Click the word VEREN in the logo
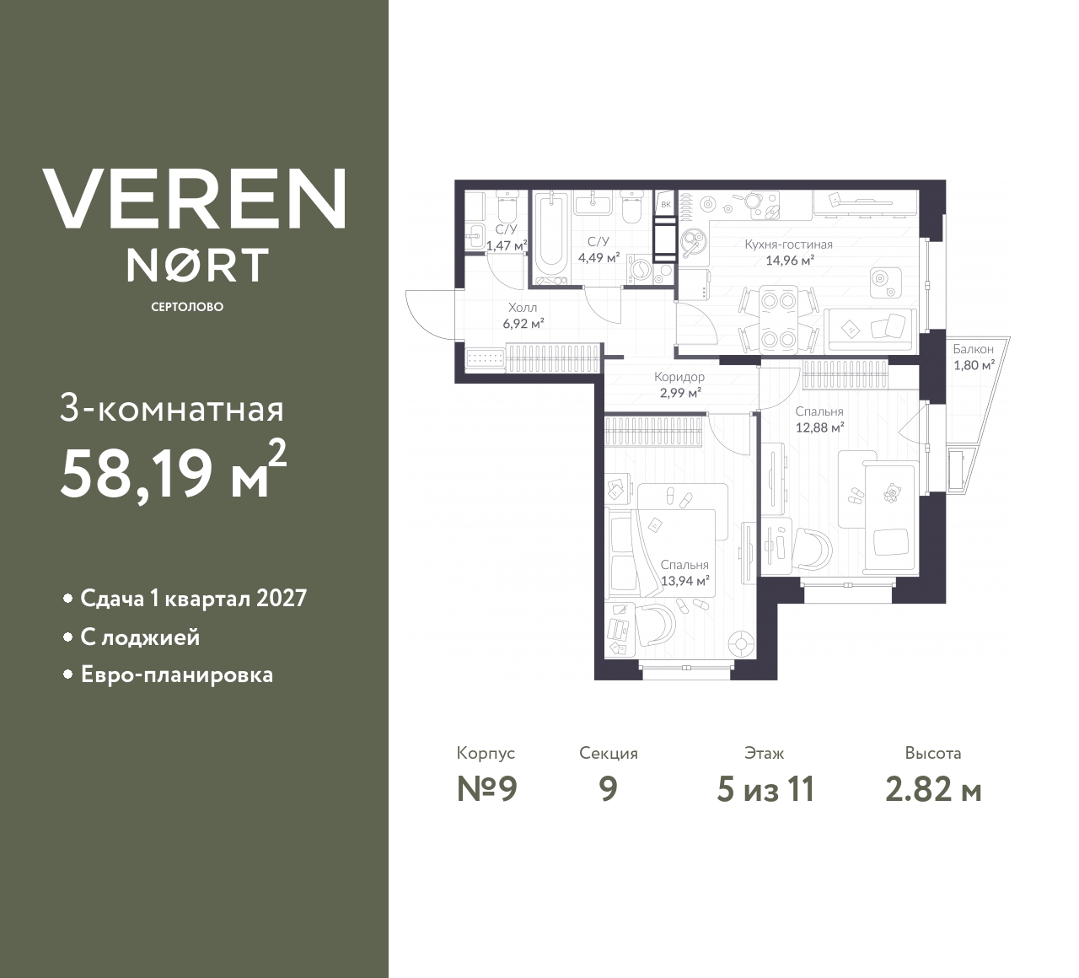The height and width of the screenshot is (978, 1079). point(194,199)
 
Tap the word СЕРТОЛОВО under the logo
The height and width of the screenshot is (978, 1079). point(186,308)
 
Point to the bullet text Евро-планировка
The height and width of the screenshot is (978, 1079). point(176,675)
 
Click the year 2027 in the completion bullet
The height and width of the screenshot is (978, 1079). point(281,599)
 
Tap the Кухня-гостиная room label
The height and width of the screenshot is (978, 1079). point(788,244)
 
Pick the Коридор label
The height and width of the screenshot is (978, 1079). point(679,378)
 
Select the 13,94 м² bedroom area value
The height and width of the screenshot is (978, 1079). point(684,580)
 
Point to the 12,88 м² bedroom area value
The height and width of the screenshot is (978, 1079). point(819,427)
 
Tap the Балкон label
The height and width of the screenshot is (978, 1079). point(973,349)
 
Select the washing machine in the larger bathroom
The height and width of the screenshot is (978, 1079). point(640,271)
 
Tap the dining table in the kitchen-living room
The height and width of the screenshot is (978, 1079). point(777,320)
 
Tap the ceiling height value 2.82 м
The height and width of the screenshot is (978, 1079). point(933,789)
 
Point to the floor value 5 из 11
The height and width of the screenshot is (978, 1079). point(765,789)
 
